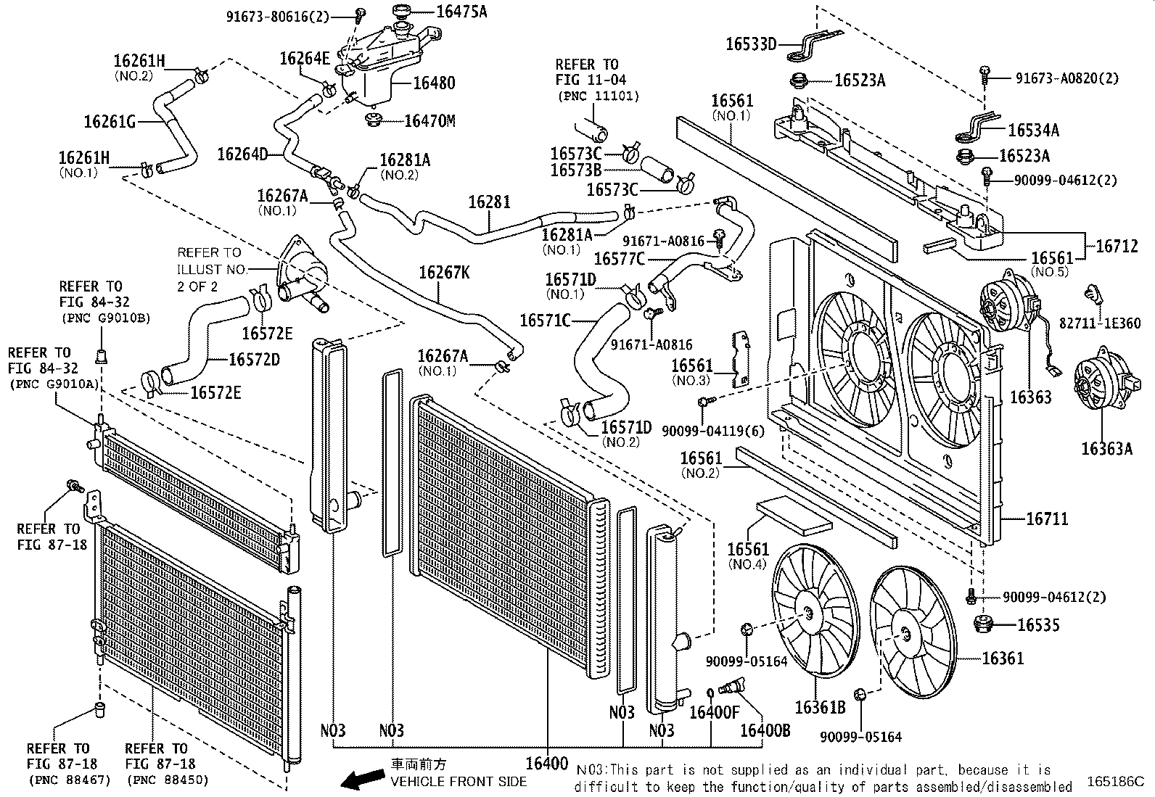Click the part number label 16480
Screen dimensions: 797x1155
coord(434,83)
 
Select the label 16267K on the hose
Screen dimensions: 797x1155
coord(443,273)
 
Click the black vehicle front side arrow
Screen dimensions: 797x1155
coord(363,779)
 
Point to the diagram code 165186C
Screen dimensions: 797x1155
coord(1114,782)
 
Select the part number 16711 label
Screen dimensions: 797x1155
coord(1047,519)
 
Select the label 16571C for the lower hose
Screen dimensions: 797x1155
coord(545,320)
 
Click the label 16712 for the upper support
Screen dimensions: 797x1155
coord(1117,246)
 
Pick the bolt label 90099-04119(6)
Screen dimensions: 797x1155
coord(712,431)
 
